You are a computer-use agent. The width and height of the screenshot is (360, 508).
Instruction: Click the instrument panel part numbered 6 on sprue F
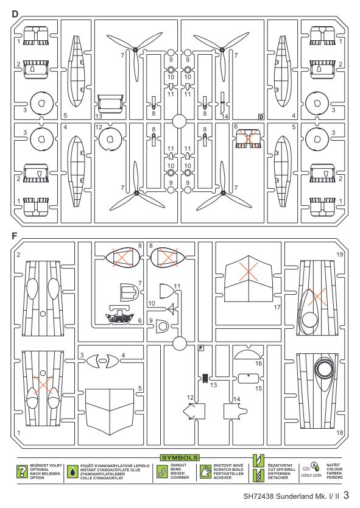tap(120, 314)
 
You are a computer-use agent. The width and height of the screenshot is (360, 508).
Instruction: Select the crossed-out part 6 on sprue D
tap(248, 139)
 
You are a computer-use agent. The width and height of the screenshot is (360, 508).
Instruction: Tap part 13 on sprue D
tap(110, 104)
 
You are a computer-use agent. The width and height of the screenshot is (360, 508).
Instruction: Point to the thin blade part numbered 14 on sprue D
tap(222, 102)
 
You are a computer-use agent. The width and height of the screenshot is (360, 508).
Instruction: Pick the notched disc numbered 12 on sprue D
tap(110, 139)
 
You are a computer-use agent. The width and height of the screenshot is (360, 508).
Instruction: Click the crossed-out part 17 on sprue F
tap(248, 278)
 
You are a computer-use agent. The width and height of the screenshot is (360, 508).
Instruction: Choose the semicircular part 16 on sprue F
tap(247, 353)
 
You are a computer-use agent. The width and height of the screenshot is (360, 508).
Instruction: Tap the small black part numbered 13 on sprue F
tap(205, 378)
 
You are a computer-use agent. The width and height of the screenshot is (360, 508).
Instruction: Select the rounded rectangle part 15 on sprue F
tap(249, 378)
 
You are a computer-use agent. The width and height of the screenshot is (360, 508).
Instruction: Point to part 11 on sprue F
tap(167, 291)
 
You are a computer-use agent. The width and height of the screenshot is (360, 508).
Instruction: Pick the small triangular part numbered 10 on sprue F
tap(172, 309)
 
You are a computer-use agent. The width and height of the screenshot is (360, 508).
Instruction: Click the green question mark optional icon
tap(22, 471)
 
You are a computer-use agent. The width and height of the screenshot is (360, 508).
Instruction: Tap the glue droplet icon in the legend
tap(72, 471)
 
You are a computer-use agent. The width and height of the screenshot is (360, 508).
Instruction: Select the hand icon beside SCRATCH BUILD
tap(205, 471)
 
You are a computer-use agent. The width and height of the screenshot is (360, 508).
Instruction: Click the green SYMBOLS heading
tap(180, 458)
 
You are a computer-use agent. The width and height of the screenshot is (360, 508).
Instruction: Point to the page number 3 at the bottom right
tap(346, 495)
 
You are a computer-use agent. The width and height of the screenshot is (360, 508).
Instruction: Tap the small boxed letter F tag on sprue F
tap(201, 348)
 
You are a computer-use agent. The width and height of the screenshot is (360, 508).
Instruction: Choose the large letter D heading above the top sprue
tap(15, 13)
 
